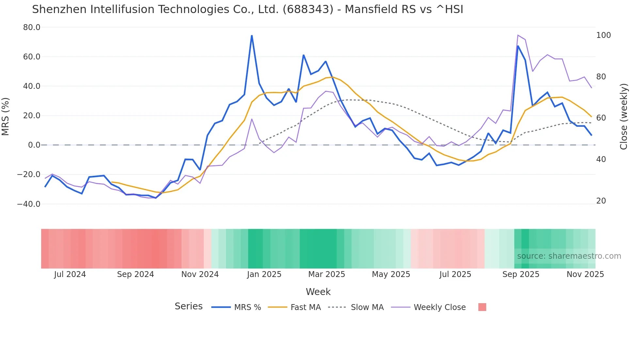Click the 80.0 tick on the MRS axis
(31, 27)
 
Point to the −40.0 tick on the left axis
(29, 204)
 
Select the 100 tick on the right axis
(603, 35)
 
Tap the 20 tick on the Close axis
(601, 201)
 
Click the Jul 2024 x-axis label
(70, 274)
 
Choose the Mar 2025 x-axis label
(327, 274)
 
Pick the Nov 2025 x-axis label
(585, 274)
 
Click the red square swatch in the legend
(482, 307)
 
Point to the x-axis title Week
(318, 292)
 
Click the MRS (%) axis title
(6, 116)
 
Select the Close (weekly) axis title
(624, 116)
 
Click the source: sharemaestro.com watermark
(569, 256)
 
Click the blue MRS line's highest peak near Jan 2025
(252, 35)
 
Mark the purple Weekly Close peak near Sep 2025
(518, 35)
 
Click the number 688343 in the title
(308, 9)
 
